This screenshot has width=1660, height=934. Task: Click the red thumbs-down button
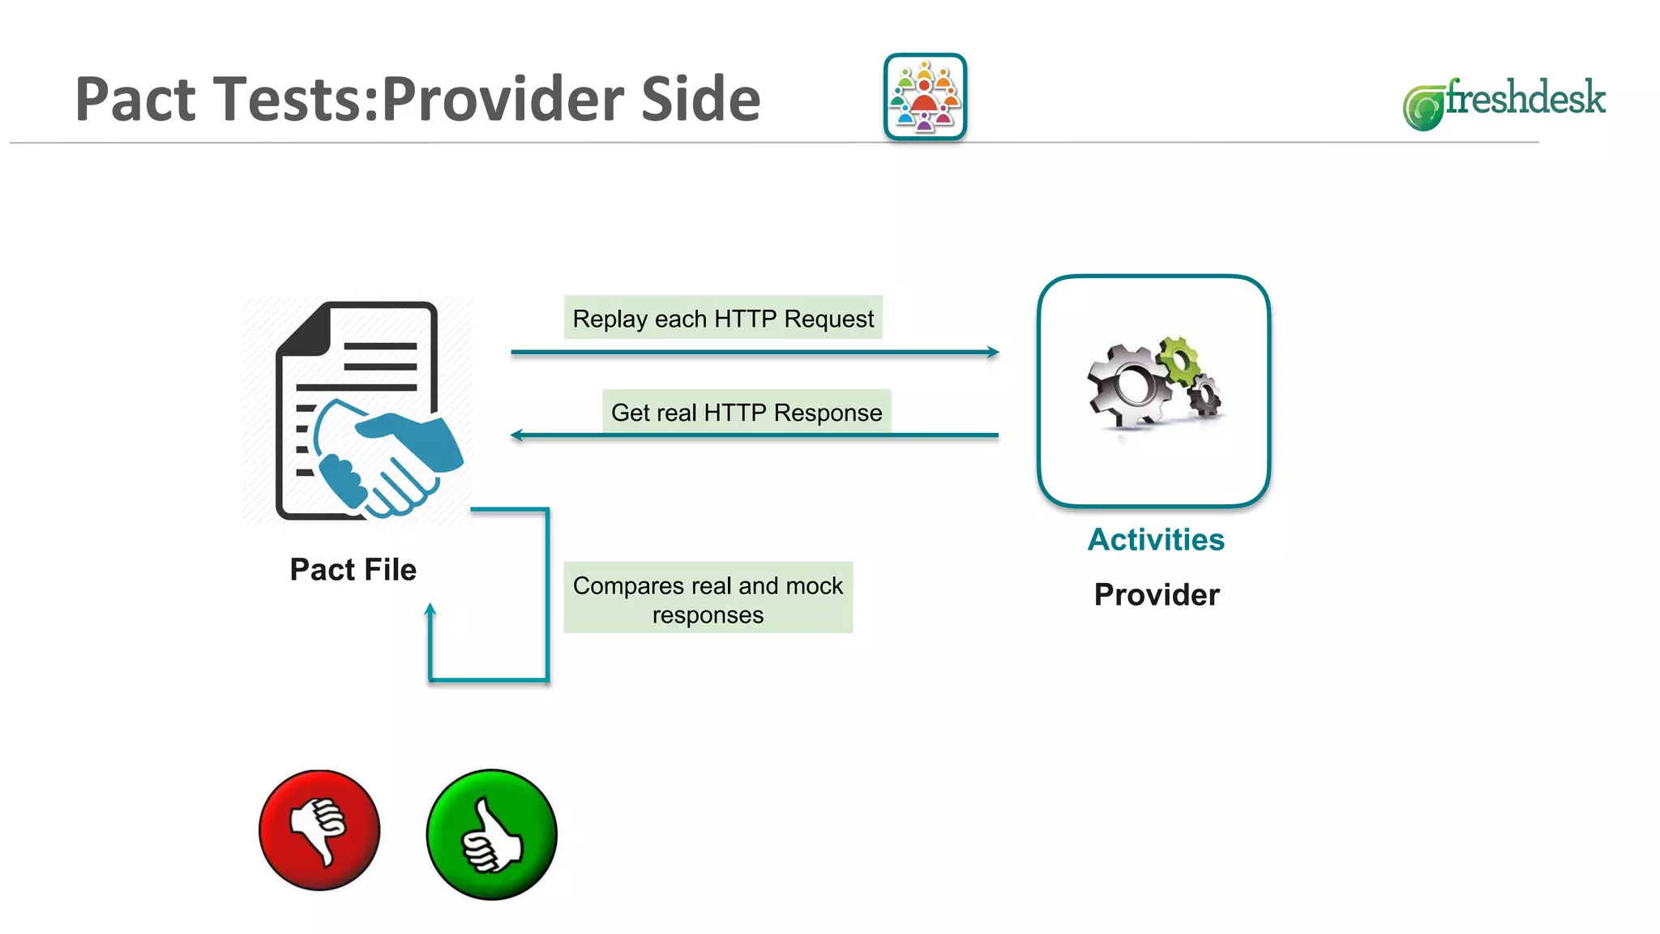point(319,829)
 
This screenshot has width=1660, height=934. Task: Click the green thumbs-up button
point(491,834)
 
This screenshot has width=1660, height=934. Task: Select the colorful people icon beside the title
point(925,97)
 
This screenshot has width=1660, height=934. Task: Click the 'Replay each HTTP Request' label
point(723,318)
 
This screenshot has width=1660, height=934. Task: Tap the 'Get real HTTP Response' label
point(747,412)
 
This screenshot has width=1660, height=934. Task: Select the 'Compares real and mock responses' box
point(708,598)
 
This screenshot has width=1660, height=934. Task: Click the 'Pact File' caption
point(353,569)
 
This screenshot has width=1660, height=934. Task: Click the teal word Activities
point(1156,539)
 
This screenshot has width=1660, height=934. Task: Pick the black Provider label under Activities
point(1157,594)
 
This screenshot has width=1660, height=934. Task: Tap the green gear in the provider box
point(1179,359)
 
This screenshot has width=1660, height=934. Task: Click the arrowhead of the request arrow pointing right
point(993,352)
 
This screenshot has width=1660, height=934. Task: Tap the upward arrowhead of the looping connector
point(430,610)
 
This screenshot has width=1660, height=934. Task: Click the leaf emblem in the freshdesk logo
point(1423,108)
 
